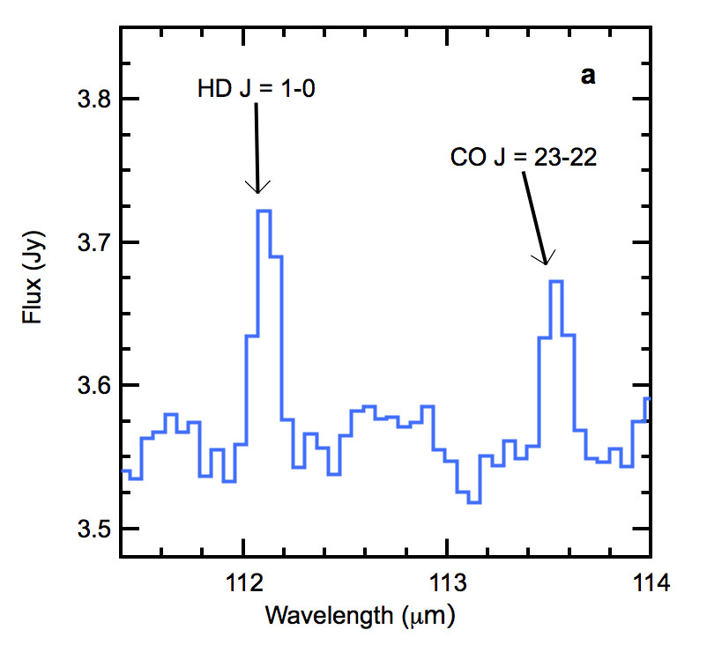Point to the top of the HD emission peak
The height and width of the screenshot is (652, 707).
pos(264,211)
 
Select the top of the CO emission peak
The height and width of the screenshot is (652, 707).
pos(555,281)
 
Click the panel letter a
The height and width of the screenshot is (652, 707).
pos(588,77)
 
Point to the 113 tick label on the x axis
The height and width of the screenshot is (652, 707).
pos(447,582)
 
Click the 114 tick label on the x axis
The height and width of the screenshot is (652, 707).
pos(651,582)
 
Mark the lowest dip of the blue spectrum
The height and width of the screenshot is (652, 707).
pos(473,502)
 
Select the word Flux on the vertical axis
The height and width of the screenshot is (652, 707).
pos(34,298)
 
